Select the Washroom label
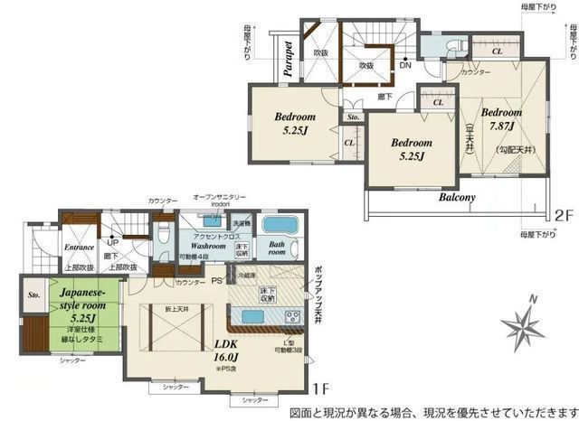207,244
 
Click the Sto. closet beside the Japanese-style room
34,295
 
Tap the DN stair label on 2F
405,65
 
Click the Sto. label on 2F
352,116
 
